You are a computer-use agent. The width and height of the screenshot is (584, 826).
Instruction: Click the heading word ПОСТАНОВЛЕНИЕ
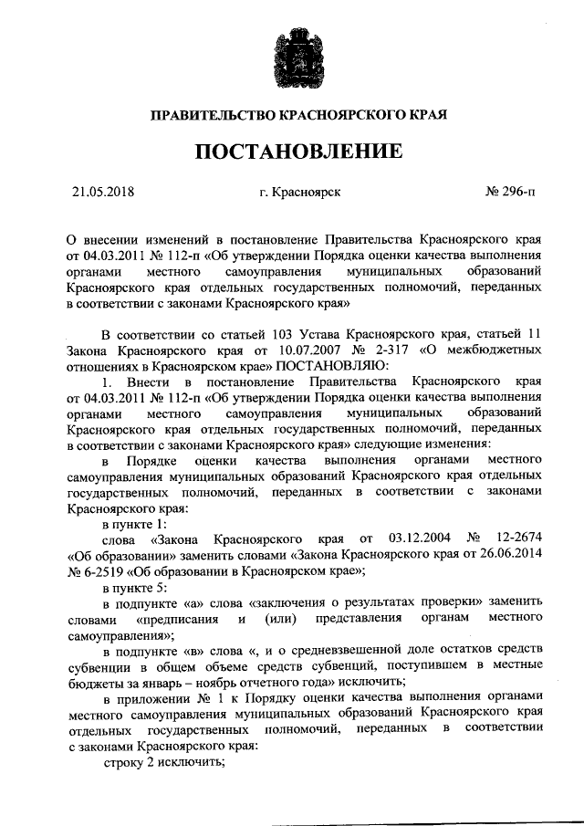pyautogui.click(x=292, y=150)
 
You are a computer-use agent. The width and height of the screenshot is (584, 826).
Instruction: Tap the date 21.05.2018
pyautogui.click(x=102, y=192)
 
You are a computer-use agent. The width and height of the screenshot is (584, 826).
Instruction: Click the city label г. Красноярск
pyautogui.click(x=300, y=192)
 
